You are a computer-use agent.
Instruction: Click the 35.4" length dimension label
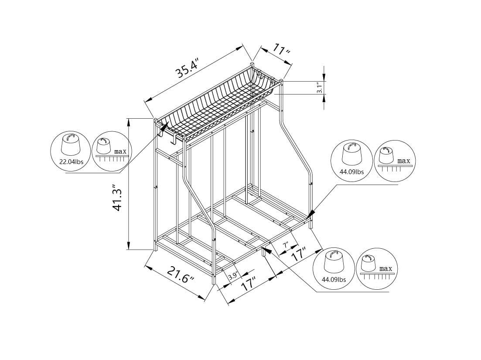[x=188, y=68]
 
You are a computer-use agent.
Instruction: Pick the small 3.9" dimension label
[x=233, y=276]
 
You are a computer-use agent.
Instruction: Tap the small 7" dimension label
[x=286, y=246]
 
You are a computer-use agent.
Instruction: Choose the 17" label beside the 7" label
[x=300, y=254]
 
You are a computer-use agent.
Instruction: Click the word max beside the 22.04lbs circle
[x=120, y=151]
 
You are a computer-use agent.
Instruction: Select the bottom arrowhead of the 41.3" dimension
[x=129, y=247]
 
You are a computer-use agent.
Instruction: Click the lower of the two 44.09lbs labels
[x=333, y=279]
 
